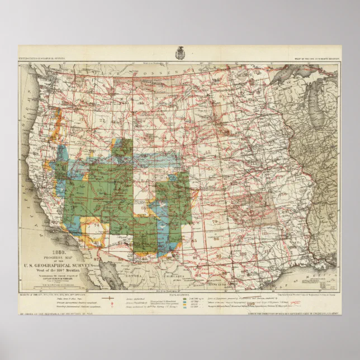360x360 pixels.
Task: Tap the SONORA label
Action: click(132, 275)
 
